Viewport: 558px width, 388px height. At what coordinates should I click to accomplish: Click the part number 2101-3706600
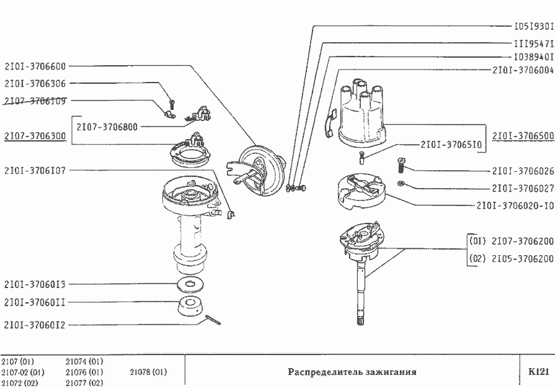click(35, 65)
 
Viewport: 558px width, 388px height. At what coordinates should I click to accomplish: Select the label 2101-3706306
click(35, 83)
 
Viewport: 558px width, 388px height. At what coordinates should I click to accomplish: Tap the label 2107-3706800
click(107, 126)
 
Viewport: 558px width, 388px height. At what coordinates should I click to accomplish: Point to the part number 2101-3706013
click(35, 284)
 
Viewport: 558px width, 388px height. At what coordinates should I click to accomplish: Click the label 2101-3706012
click(35, 323)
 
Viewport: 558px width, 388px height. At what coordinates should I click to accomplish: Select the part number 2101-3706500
click(523, 135)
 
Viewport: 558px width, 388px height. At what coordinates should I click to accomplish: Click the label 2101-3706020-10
click(515, 205)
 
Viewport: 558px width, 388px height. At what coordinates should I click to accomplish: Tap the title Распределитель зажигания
click(352, 372)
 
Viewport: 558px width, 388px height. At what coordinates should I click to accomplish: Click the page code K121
click(539, 372)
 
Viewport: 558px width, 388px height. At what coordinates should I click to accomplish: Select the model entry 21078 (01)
click(149, 372)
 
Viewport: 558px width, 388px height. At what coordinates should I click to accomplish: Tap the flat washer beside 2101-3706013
click(191, 286)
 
